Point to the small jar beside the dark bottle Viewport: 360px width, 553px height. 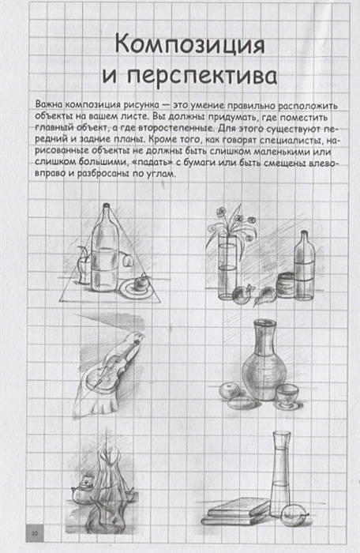coord(286,284)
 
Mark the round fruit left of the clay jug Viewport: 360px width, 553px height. coord(229,389)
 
